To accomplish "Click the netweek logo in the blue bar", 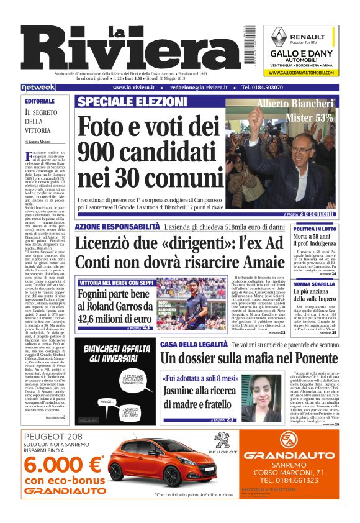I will click(38, 88).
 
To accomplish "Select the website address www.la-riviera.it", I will click(133, 88).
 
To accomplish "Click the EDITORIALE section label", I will click(40, 101).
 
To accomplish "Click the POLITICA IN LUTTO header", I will click(332, 229).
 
